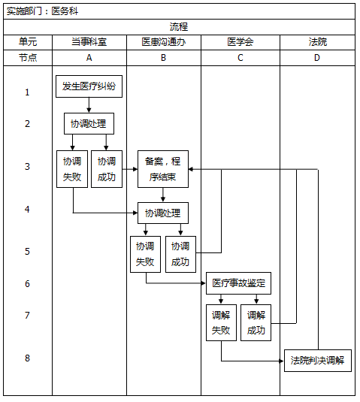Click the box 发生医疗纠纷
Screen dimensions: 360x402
click(89, 86)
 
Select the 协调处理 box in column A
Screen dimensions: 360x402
click(89, 123)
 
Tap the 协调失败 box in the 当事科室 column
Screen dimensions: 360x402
click(72, 169)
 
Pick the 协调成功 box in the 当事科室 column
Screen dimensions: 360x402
click(107, 169)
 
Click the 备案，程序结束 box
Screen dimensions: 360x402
click(163, 169)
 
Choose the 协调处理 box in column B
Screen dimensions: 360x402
click(163, 213)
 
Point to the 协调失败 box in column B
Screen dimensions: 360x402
click(145, 254)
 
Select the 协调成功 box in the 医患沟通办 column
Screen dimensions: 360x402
click(181, 254)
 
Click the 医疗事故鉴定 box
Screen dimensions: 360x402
click(238, 283)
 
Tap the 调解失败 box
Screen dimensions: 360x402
click(221, 323)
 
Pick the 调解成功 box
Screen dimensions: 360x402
click(256, 323)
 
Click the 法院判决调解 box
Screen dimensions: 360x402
click(318, 361)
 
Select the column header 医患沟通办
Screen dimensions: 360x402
click(164, 42)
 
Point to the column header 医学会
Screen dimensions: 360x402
click(241, 42)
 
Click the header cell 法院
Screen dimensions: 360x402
click(318, 42)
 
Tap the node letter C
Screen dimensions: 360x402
click(241, 58)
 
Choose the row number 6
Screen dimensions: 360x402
click(28, 284)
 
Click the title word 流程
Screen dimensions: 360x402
click(179, 26)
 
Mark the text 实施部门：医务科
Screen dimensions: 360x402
click(42, 11)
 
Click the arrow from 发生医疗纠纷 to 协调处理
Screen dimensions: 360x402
click(89, 105)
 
